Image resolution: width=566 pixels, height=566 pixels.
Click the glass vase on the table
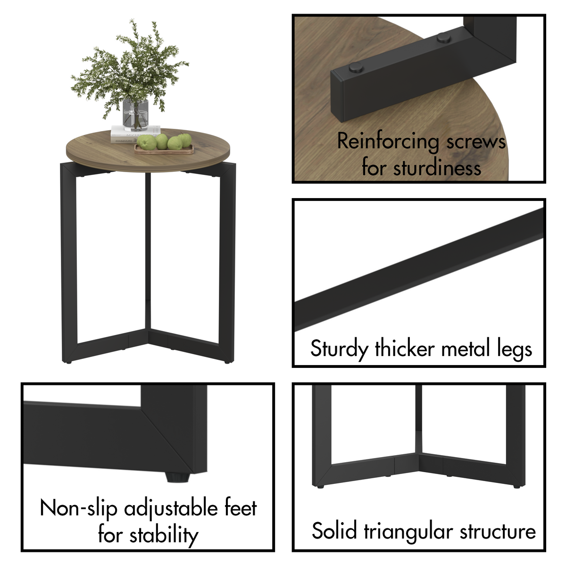[x=135, y=115]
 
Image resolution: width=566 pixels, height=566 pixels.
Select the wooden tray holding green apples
[x=164, y=150]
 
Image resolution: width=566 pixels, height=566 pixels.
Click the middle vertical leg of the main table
[x=148, y=250]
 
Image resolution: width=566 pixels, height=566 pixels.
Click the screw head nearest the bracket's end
[x=356, y=68]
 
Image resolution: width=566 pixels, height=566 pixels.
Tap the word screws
[x=475, y=142]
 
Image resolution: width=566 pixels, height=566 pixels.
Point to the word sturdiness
[x=437, y=168]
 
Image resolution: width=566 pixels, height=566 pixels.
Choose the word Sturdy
[x=339, y=350]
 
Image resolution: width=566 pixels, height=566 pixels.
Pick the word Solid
[x=334, y=531]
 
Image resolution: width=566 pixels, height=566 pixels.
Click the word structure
[x=498, y=531]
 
